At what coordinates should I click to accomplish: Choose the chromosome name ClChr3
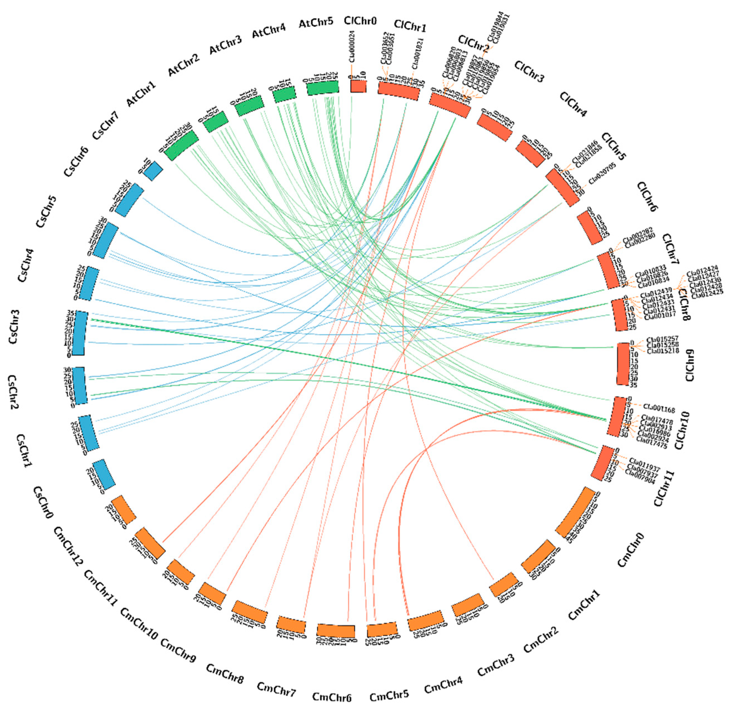pos(529,71)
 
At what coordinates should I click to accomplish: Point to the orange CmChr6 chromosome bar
pos(335,630)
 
